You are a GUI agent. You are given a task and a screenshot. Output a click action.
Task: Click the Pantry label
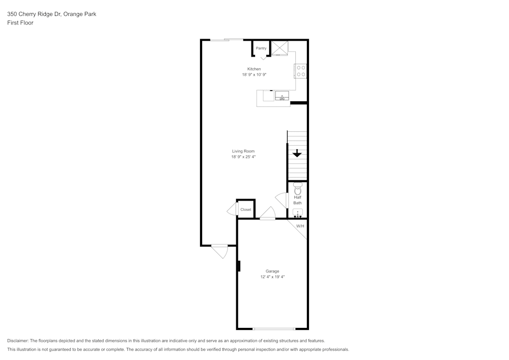pyautogui.click(x=261, y=48)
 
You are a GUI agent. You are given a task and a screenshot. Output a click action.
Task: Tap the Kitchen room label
pyautogui.click(x=254, y=69)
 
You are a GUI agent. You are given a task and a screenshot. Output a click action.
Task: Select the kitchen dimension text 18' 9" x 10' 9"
pyautogui.click(x=254, y=75)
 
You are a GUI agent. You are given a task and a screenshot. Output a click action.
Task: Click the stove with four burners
pyautogui.click(x=301, y=71)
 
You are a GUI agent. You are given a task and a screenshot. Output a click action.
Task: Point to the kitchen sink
pyautogui.click(x=281, y=96)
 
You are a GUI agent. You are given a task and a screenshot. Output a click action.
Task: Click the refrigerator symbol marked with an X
pyautogui.click(x=279, y=48)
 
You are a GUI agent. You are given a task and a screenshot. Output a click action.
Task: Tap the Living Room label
pyautogui.click(x=243, y=151)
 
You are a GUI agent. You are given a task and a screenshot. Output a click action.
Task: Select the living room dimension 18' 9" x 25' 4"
pyautogui.click(x=243, y=157)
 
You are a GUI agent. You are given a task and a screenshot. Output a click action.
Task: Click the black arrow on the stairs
pyautogui.click(x=297, y=153)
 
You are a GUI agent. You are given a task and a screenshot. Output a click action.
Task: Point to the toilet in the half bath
pyautogui.click(x=297, y=186)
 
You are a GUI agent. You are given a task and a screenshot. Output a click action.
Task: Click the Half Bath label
pyautogui.click(x=297, y=200)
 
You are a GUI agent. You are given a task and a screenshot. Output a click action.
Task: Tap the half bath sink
pyautogui.click(x=298, y=213)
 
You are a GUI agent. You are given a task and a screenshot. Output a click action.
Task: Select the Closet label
pyautogui.click(x=246, y=210)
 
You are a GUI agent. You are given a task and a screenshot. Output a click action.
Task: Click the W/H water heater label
pyautogui.click(x=300, y=226)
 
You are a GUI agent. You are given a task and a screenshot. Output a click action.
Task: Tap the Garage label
pyautogui.click(x=272, y=271)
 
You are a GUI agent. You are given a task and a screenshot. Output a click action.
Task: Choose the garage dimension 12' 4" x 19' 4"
pyautogui.click(x=272, y=277)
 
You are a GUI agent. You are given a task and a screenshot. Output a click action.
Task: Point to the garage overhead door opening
pyautogui.click(x=274, y=328)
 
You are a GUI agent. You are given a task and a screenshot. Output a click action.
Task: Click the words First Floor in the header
pyautogui.click(x=20, y=23)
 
